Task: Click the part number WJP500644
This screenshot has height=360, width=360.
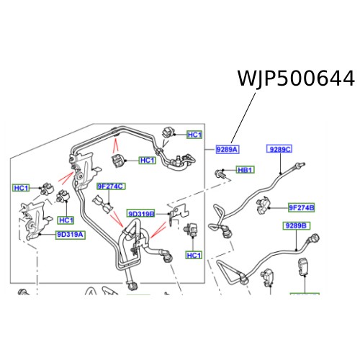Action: [x=296, y=78]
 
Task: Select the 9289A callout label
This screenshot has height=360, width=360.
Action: [x=227, y=149]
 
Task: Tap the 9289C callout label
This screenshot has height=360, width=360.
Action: [x=279, y=149]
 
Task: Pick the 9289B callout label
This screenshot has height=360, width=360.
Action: [x=295, y=226]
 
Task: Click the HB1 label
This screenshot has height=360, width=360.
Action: [x=246, y=170]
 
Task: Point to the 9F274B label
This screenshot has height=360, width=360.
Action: [x=302, y=208]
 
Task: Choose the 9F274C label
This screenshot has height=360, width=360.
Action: [x=111, y=186]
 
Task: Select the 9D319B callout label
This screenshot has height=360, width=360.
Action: [x=141, y=214]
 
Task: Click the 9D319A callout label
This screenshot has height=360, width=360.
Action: [x=71, y=234]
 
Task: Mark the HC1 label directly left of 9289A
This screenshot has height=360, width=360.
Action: [x=194, y=135]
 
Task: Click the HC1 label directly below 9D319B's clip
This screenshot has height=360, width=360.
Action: [x=194, y=256]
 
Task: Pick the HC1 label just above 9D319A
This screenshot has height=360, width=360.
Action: [x=66, y=220]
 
